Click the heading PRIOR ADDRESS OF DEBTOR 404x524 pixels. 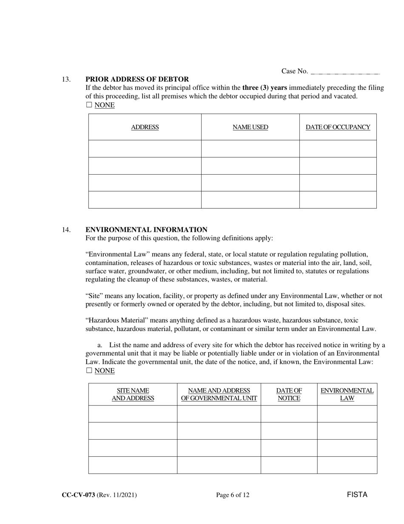click(x=137, y=79)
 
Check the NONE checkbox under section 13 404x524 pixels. click(x=89, y=105)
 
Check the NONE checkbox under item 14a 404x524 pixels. click(x=89, y=371)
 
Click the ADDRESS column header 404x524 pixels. click(x=145, y=127)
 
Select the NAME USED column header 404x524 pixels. click(x=250, y=127)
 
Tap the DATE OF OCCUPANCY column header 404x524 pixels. click(x=338, y=127)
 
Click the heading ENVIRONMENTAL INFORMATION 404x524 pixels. click(x=146, y=230)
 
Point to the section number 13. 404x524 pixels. click(x=66, y=79)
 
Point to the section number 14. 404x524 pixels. click(x=66, y=230)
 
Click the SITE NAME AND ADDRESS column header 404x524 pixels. click(x=133, y=394)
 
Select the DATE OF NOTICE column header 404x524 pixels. click(x=289, y=394)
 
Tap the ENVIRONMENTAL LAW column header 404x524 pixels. click(x=347, y=394)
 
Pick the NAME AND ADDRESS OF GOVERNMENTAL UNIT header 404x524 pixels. click(x=219, y=394)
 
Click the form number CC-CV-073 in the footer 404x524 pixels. click(x=78, y=495)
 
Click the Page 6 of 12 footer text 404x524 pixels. click(x=233, y=495)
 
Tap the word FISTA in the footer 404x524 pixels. click(x=357, y=495)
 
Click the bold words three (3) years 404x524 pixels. click(x=265, y=88)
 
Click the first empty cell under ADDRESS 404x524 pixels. click(x=145, y=149)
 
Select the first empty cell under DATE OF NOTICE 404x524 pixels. click(x=289, y=414)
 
